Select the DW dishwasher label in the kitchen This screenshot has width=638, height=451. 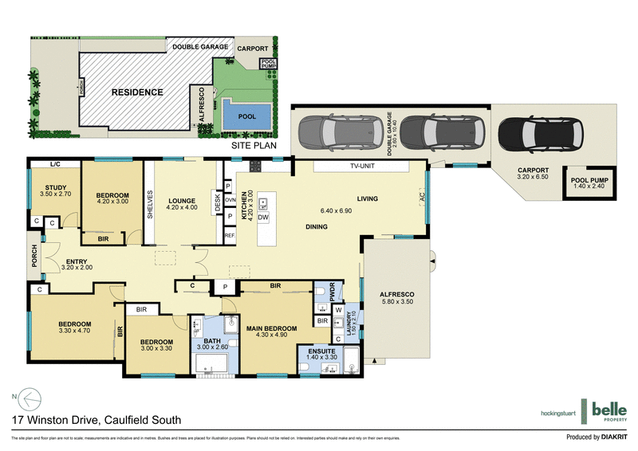(x=262, y=216)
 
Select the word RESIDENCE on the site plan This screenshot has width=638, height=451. (x=137, y=92)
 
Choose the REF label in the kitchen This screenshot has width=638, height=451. (x=229, y=236)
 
